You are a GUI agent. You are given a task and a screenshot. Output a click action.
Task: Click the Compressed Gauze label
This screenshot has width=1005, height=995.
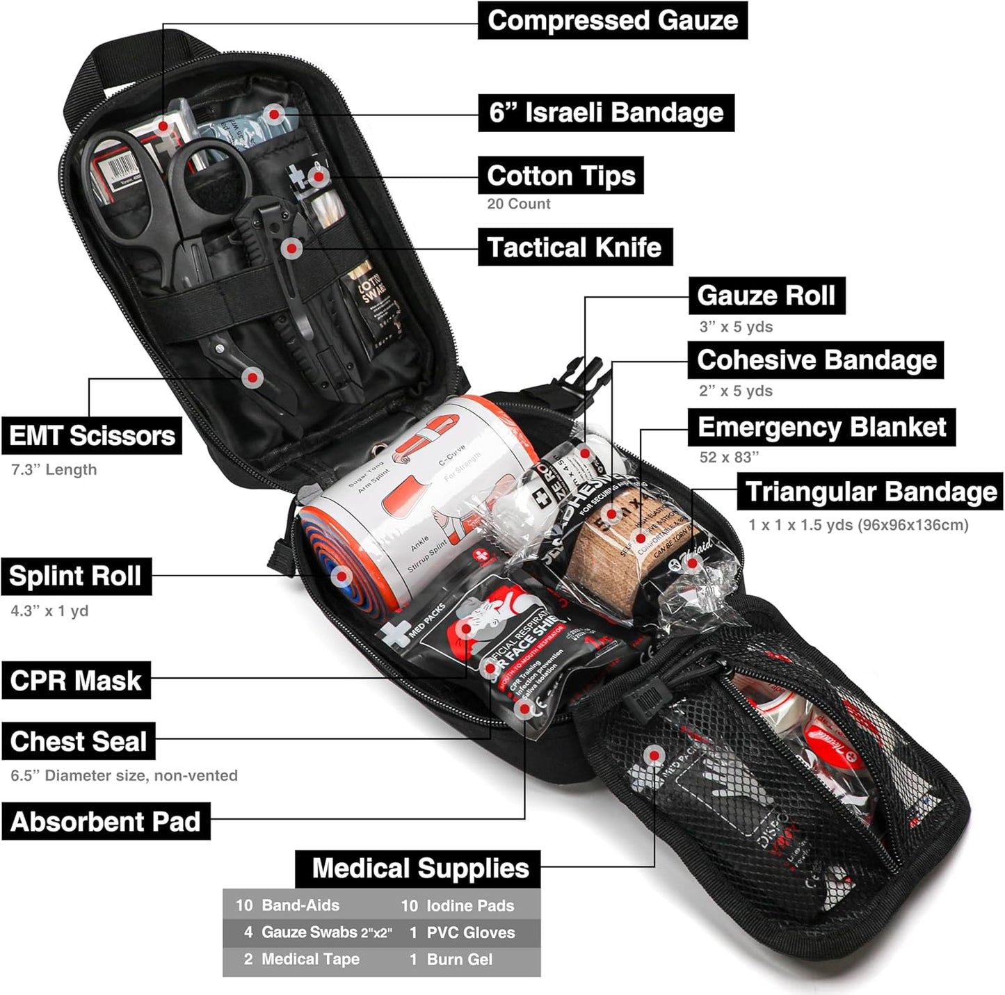pyautogui.click(x=612, y=20)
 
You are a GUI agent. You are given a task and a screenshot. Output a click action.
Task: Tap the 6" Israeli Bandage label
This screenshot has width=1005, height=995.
pyautogui.click(x=606, y=113)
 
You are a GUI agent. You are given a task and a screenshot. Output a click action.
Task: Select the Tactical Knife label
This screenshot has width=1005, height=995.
pyautogui.click(x=574, y=247)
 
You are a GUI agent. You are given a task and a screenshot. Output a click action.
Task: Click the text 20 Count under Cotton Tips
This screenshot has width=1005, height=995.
pyautogui.click(x=518, y=204)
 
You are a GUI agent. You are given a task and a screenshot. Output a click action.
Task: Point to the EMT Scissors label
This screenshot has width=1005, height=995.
pyautogui.click(x=91, y=436)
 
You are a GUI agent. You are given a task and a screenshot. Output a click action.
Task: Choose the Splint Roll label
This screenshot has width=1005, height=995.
pyautogui.click(x=75, y=576)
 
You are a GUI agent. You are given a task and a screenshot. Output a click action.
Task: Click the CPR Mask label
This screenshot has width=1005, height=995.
pyautogui.click(x=75, y=680)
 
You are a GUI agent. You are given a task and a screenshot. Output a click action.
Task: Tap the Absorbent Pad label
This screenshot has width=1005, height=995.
pyautogui.click(x=105, y=821)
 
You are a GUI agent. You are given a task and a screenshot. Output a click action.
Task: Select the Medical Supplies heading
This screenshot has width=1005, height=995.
pyautogui.click(x=419, y=868)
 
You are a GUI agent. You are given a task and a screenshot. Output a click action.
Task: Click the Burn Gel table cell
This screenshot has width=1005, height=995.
pyautogui.click(x=459, y=960)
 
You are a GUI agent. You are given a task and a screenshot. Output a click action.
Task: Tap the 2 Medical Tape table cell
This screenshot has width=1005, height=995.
pyautogui.click(x=303, y=960)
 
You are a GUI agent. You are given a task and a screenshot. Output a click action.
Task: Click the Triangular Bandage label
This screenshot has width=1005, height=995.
pyautogui.click(x=870, y=492)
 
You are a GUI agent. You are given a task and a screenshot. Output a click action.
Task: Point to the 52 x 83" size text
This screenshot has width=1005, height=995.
pyautogui.click(x=728, y=457)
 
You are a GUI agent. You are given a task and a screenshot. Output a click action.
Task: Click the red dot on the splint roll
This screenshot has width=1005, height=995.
pyautogui.click(x=341, y=576)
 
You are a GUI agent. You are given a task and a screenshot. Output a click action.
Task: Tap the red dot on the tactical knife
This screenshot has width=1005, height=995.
pyautogui.click(x=293, y=248)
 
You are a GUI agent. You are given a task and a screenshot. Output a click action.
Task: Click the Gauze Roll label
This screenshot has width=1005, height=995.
pyautogui.click(x=766, y=296)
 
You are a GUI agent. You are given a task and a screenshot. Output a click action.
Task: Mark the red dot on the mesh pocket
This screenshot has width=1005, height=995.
pyautogui.click(x=653, y=755)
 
